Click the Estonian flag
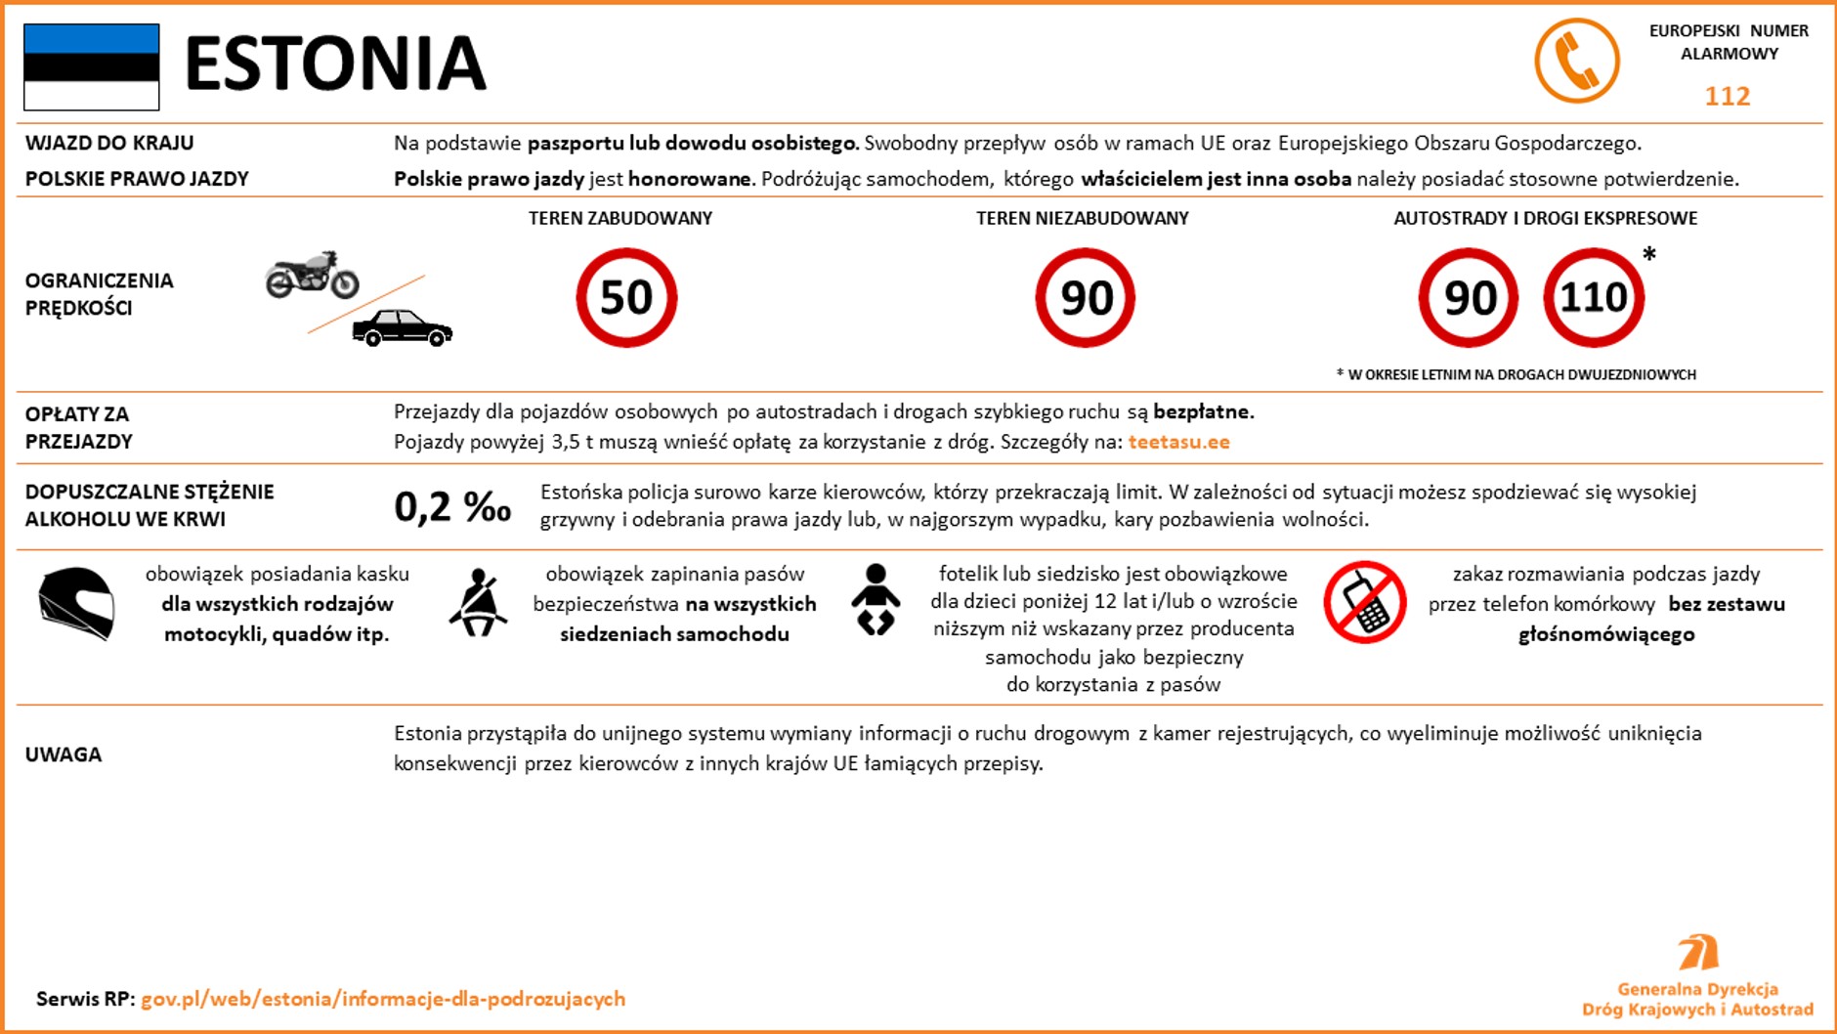click(92, 66)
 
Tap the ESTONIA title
click(335, 64)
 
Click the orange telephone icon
click(1576, 61)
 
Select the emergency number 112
click(1727, 96)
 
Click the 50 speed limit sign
click(626, 297)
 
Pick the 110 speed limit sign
click(1594, 297)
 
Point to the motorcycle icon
click(313, 275)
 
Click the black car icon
click(402, 327)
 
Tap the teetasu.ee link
click(1178, 442)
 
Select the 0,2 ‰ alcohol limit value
click(452, 506)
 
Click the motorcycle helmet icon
click(76, 603)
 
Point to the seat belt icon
click(478, 602)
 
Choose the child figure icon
click(876, 599)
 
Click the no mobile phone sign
click(1364, 602)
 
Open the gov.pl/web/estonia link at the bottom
click(383, 999)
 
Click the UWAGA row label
click(64, 754)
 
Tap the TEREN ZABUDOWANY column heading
click(620, 218)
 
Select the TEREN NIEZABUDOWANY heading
click(1083, 218)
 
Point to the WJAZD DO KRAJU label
click(109, 143)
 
